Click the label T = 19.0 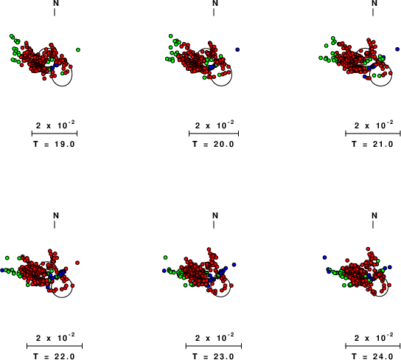click(55, 145)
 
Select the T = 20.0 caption click(213, 145)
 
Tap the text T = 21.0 click(372, 145)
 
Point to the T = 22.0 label click(55, 356)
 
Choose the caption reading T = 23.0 click(213, 356)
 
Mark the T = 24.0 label click(372, 356)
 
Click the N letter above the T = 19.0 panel click(56, 4)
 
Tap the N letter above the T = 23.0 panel click(215, 215)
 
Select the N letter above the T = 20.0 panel click(215, 4)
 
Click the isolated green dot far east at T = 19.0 click(78, 49)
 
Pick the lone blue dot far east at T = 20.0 click(237, 49)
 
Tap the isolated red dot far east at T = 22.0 click(77, 263)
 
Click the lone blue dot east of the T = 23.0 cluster click(234, 265)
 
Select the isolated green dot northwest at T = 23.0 click(165, 257)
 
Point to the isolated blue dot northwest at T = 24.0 click(324, 257)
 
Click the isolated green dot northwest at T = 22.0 click(7, 257)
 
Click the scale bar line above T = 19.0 click(55, 134)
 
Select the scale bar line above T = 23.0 click(214, 346)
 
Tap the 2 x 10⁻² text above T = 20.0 click(215, 125)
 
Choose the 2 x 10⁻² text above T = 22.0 click(55, 338)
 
